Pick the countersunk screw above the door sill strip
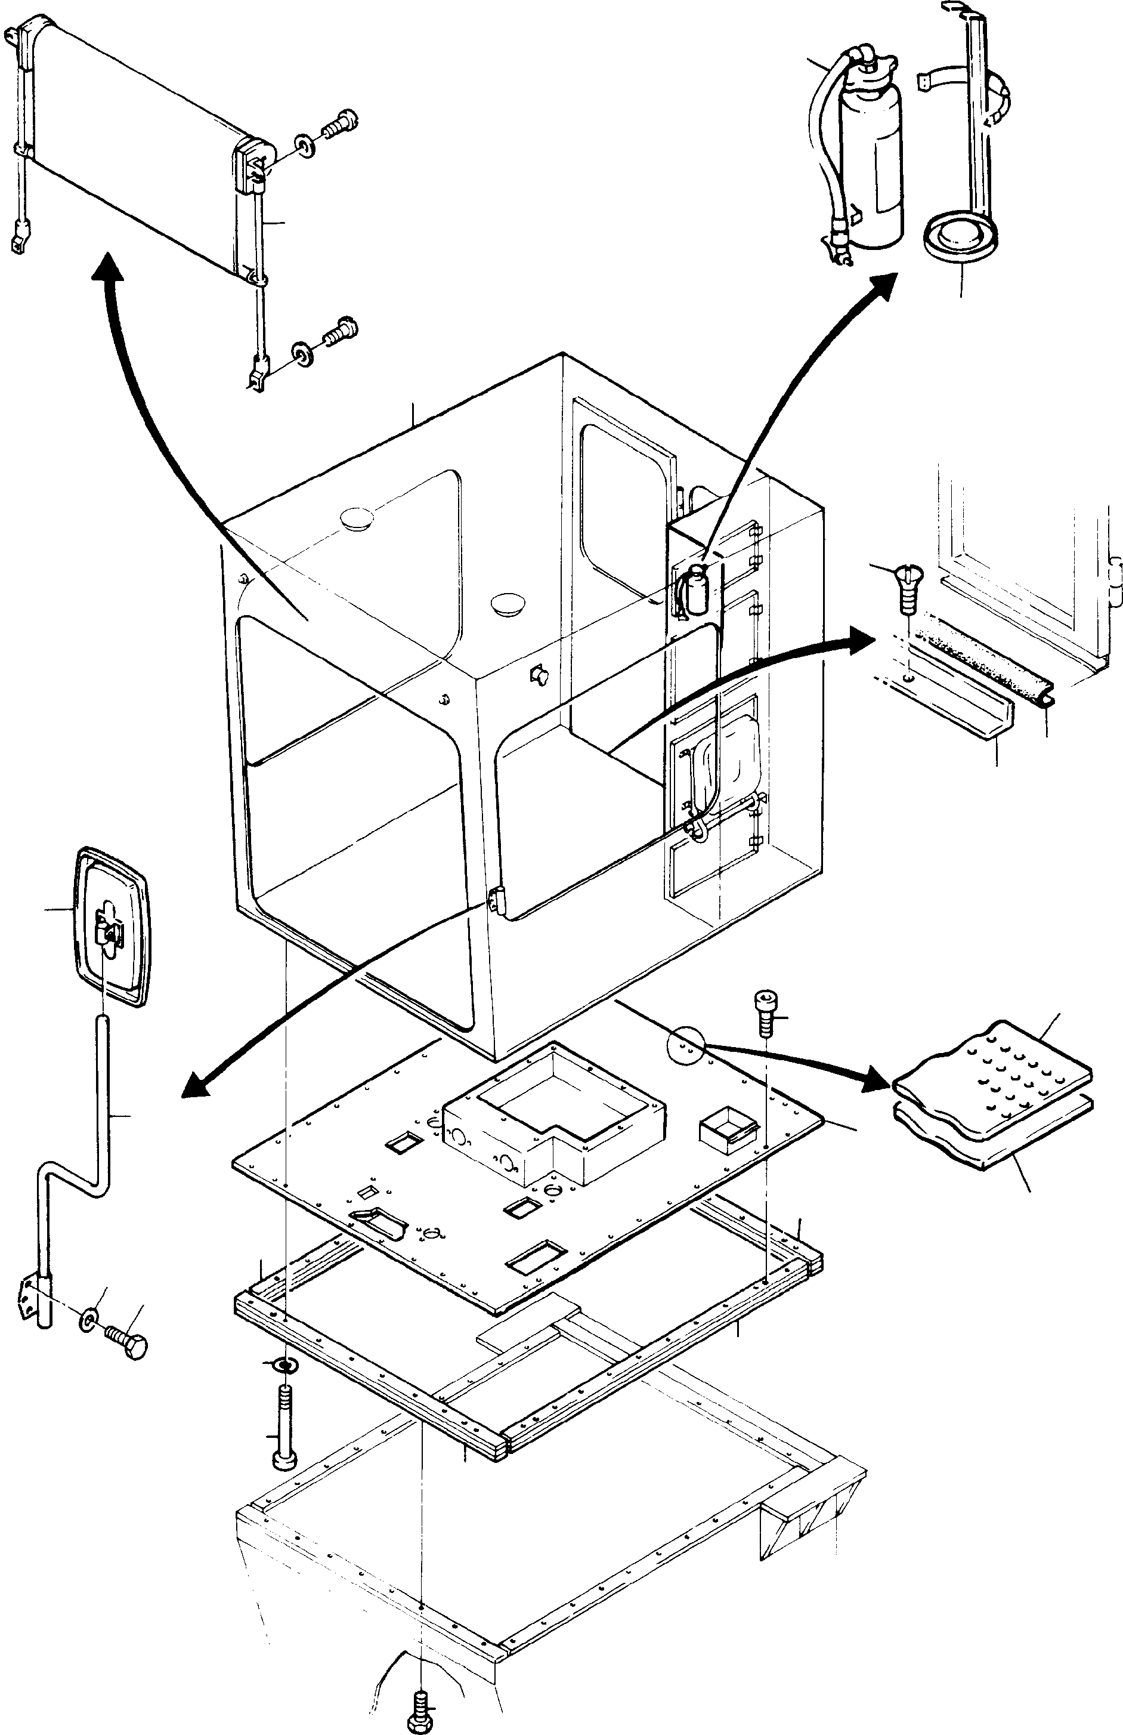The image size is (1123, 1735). (906, 589)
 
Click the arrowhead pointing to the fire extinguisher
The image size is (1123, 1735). (887, 283)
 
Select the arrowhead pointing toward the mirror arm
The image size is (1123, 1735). (195, 1087)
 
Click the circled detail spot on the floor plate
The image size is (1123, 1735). (685, 1048)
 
